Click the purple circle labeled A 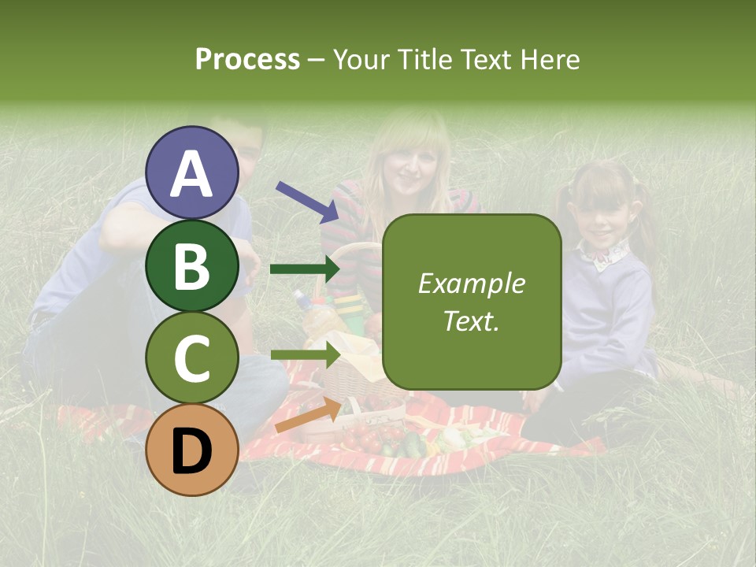pos(192,172)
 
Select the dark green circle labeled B pos(192,265)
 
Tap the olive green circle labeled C pos(192,358)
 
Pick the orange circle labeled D pos(192,450)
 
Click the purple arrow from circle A pos(307,202)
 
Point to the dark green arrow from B pos(304,269)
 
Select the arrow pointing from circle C pos(304,354)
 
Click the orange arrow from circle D pos(307,416)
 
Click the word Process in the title pos(247,60)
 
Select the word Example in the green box pos(471,283)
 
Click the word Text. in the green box pos(471,321)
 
